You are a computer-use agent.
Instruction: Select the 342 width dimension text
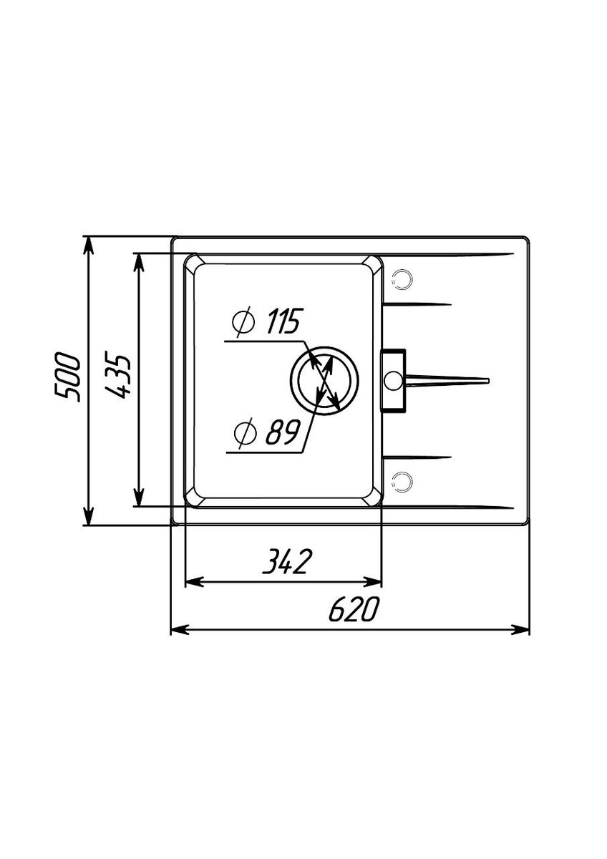286,561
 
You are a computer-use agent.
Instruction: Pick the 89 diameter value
282,432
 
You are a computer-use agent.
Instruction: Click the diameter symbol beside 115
243,321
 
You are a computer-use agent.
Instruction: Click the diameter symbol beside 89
246,432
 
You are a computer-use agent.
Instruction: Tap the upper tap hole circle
402,278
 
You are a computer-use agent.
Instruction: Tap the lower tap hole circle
402,481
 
